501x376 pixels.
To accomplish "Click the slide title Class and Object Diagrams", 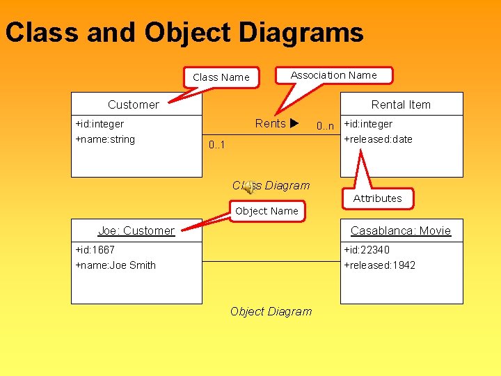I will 184,33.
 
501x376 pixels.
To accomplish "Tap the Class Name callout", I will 221,77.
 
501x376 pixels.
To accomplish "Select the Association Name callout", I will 333,75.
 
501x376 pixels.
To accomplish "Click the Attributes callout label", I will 377,198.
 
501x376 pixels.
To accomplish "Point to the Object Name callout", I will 267,211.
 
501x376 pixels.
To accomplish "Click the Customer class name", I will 133,104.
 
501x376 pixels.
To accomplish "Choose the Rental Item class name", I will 401,104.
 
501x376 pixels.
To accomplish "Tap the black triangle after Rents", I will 294,124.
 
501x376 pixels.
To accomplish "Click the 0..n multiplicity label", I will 325,126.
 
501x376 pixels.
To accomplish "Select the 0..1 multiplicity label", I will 218,145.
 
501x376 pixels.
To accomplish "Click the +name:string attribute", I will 105,139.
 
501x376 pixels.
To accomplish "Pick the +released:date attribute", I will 379,139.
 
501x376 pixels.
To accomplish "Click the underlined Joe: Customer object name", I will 136,230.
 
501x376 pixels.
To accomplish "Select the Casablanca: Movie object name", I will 401,230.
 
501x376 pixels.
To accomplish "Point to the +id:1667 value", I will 95,249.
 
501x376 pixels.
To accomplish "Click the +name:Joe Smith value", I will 116,265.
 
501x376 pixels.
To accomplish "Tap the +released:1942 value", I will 380,265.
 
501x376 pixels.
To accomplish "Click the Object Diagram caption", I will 271,311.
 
